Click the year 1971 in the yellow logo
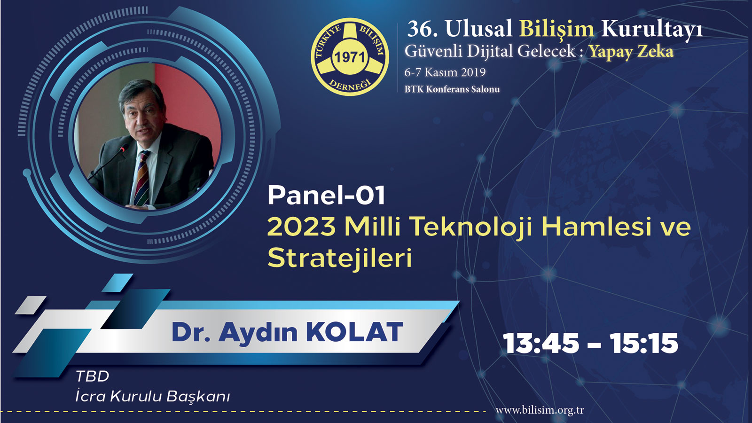click(350, 58)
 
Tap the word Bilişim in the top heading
click(556, 29)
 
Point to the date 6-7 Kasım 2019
click(445, 72)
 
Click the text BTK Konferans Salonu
click(452, 89)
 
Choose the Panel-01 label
click(326, 196)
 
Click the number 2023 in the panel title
click(302, 227)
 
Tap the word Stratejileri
click(340, 258)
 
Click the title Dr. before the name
click(191, 332)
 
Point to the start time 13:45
click(541, 344)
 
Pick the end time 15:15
click(643, 344)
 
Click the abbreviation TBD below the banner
click(92, 376)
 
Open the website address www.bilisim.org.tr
click(540, 410)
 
